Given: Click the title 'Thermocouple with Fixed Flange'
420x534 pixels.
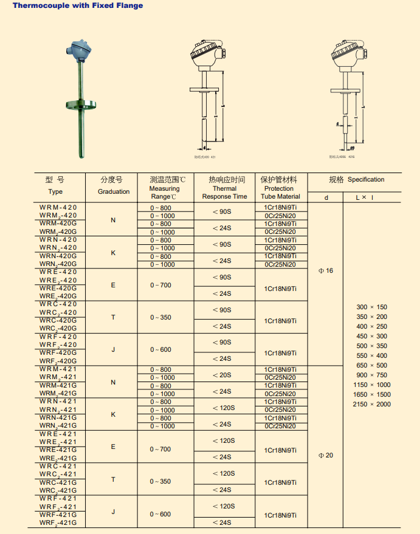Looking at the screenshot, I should pyautogui.click(x=78, y=5).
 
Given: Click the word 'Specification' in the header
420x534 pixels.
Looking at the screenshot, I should pyautogui.click(x=366, y=179).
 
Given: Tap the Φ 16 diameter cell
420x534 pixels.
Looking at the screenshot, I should pyautogui.click(x=326, y=271).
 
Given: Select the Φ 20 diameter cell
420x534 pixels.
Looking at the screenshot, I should pyautogui.click(x=326, y=455).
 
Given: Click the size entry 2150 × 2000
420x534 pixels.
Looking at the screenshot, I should pyautogui.click(x=372, y=404).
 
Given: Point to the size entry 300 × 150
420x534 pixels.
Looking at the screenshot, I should pyautogui.click(x=372, y=307).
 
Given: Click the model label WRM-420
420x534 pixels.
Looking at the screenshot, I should pyautogui.click(x=58, y=207).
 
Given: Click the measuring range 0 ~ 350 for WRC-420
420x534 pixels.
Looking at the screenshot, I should pyautogui.click(x=161, y=317).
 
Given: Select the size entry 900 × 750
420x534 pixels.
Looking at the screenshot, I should pyautogui.click(x=372, y=375).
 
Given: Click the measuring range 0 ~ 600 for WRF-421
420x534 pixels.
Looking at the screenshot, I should pyautogui.click(x=161, y=514).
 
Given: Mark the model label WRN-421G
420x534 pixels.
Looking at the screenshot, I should pyautogui.click(x=58, y=418).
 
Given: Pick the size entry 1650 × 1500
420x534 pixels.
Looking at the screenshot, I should pyautogui.click(x=372, y=394).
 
